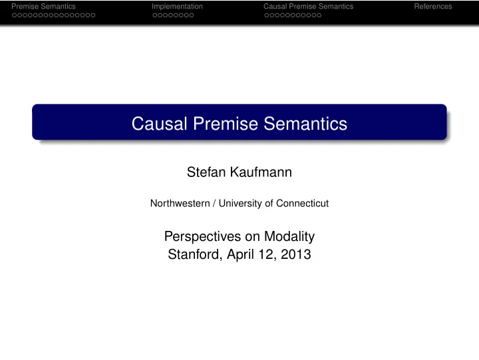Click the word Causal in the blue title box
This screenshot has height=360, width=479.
(159, 124)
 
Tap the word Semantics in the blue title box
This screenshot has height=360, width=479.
(305, 124)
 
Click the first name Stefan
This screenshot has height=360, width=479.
(206, 172)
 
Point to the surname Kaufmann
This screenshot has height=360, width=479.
(261, 172)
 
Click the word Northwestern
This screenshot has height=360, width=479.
(180, 203)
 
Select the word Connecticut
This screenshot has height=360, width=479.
(303, 203)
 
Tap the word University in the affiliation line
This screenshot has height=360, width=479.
(240, 204)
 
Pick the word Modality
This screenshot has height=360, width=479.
(289, 237)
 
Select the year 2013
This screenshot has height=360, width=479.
(295, 254)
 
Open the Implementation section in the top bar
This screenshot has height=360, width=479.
(177, 7)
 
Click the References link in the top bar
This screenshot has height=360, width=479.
(433, 7)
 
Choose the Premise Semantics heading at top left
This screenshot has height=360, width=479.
(43, 7)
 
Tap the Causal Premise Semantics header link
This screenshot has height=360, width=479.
(308, 7)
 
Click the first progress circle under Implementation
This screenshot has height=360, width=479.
(154, 15)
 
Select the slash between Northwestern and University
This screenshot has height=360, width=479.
(214, 203)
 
